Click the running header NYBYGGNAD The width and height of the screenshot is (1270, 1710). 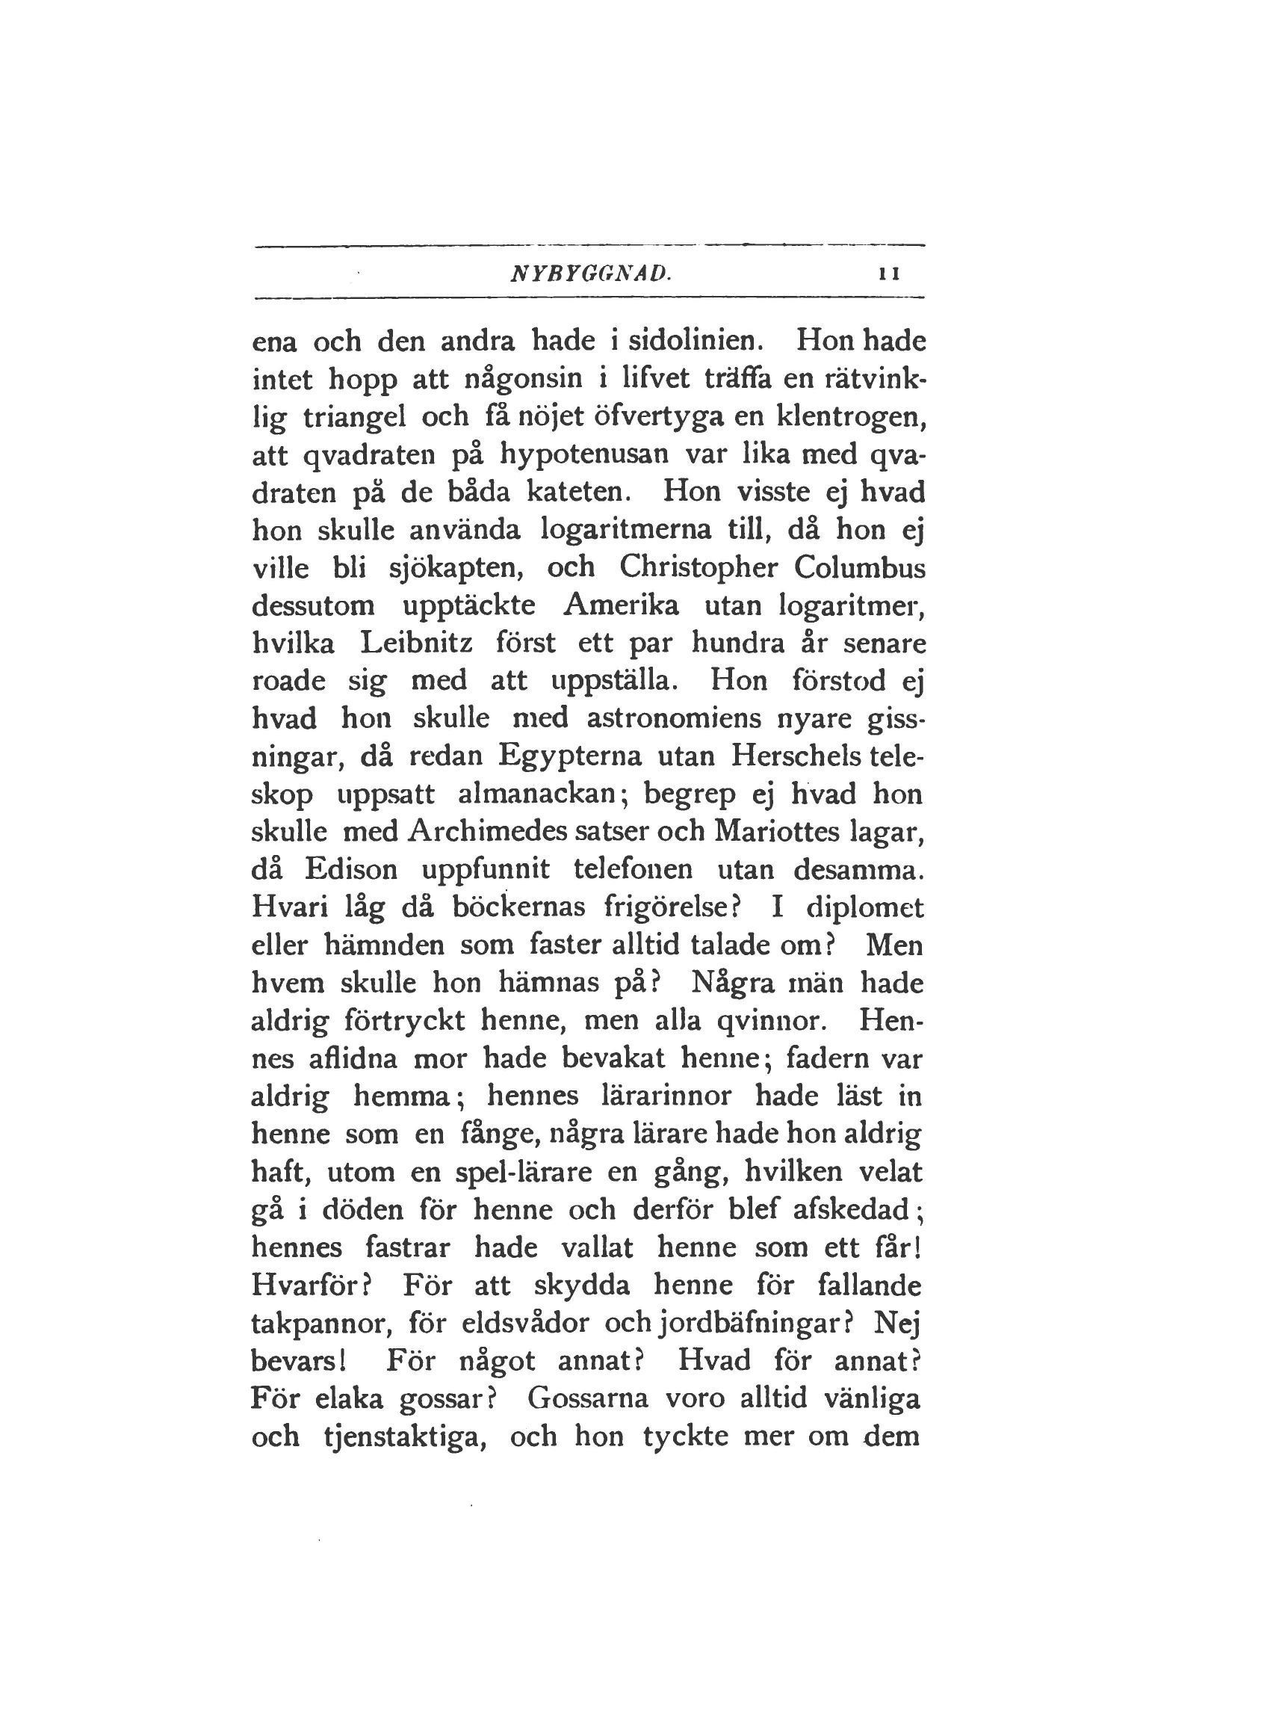591,272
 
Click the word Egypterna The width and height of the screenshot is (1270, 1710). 570,756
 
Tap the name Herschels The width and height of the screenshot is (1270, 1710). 796,756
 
